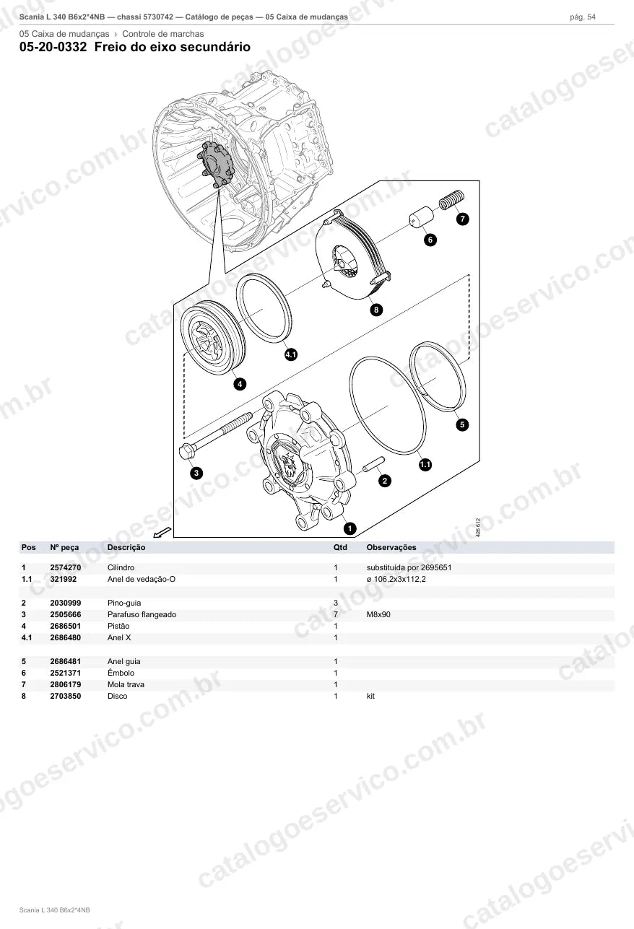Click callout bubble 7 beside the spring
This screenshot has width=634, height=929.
coord(462,219)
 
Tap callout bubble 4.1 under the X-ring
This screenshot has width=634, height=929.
coord(291,354)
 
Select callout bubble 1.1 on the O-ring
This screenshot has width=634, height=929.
coord(425,464)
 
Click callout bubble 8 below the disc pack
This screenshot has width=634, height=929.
coord(376,310)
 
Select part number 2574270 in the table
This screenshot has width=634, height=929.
coord(66,567)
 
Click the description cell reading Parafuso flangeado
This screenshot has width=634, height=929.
coord(142,614)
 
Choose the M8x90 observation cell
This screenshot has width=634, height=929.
coord(378,614)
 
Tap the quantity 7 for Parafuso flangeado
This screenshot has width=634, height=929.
coord(336,614)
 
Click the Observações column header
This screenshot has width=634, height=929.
coord(391,547)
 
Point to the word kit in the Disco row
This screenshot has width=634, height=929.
coord(370,696)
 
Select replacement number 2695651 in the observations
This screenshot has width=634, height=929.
coord(436,567)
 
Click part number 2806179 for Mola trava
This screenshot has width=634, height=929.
coord(66,684)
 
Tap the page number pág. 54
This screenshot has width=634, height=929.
coord(583,17)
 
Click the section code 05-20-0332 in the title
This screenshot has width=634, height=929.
coord(53,47)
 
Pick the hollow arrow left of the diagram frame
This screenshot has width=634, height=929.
coord(162,532)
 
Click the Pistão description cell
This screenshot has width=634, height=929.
coord(118,626)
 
